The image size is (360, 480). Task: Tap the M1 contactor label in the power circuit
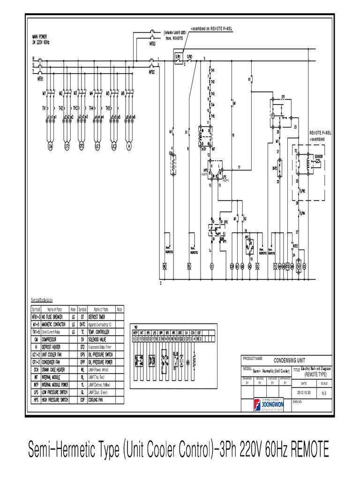click(x=45, y=93)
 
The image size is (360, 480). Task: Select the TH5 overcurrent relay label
click(x=108, y=108)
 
